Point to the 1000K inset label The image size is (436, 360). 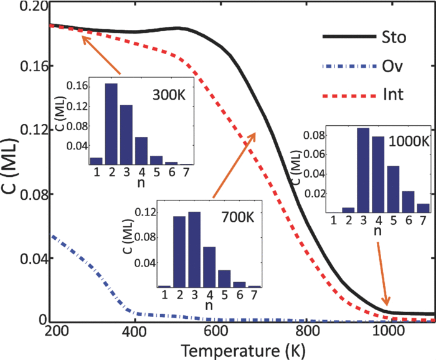pyautogui.click(x=408, y=141)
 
